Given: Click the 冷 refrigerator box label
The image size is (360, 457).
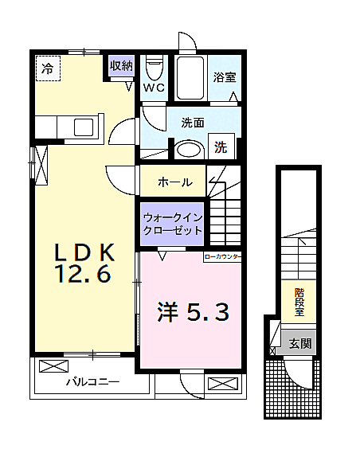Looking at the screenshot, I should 48,69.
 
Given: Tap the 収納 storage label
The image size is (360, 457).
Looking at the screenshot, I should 121,67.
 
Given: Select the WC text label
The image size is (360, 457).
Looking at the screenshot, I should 154,88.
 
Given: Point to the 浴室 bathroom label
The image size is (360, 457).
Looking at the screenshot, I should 223,77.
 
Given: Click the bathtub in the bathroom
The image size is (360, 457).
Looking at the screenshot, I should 190,78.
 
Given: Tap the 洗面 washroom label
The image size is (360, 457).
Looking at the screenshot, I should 193,123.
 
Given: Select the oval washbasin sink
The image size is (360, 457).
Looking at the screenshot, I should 189,149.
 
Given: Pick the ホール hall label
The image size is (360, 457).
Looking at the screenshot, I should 174,182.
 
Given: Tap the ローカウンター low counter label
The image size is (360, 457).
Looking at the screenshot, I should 222,256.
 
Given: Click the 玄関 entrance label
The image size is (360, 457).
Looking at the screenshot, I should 299,344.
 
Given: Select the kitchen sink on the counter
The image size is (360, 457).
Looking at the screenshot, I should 82,127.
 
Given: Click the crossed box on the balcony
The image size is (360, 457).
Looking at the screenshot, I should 53,368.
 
